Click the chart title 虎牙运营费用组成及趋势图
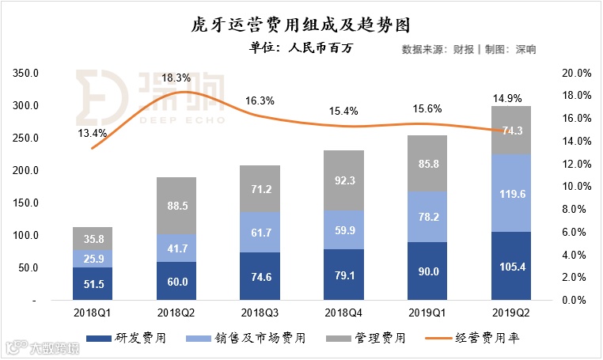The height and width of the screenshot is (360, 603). tap(301, 24)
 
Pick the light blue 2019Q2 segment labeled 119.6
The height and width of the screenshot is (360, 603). tap(510, 193)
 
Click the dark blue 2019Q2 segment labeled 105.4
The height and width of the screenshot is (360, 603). tap(510, 266)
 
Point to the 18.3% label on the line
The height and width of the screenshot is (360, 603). tap(176, 78)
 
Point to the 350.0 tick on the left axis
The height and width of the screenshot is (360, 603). tap(26, 73)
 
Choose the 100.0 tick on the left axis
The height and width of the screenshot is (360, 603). tap(26, 236)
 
